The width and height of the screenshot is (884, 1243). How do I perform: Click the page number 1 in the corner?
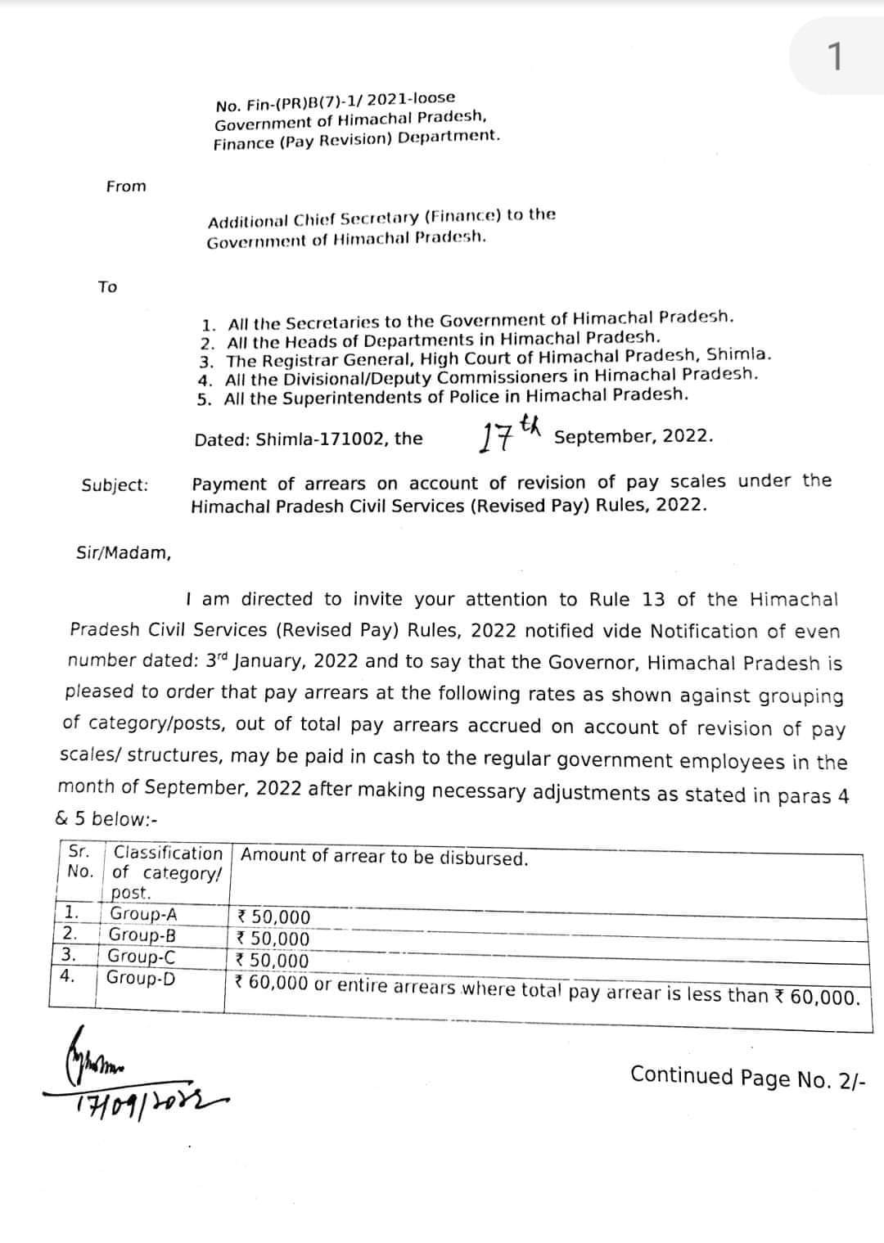pyautogui.click(x=834, y=57)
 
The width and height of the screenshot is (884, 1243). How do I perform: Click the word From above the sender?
pyautogui.click(x=126, y=187)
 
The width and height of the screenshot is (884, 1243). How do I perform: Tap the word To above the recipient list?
pyautogui.click(x=107, y=286)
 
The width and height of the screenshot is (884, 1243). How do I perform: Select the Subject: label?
pyautogui.click(x=115, y=485)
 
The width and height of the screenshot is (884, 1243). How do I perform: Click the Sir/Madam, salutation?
pyautogui.click(x=124, y=553)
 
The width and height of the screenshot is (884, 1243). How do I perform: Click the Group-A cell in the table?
pyautogui.click(x=143, y=915)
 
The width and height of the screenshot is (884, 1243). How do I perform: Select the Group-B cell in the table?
pyautogui.click(x=142, y=935)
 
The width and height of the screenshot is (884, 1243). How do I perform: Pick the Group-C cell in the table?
pyautogui.click(x=142, y=957)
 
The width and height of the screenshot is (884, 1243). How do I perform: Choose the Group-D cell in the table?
pyautogui.click(x=140, y=978)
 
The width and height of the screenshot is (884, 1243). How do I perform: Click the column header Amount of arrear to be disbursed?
pyautogui.click(x=385, y=857)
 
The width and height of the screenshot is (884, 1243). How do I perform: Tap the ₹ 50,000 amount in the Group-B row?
pyautogui.click(x=272, y=939)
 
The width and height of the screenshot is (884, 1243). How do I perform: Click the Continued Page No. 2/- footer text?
pyautogui.click(x=746, y=1077)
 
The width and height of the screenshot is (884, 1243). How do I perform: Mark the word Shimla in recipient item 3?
pyautogui.click(x=738, y=355)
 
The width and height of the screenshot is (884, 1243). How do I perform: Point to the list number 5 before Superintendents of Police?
pyautogui.click(x=204, y=399)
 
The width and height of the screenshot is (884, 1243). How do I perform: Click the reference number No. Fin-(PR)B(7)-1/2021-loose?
pyautogui.click(x=335, y=101)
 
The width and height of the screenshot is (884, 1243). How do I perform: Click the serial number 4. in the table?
pyautogui.click(x=67, y=976)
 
